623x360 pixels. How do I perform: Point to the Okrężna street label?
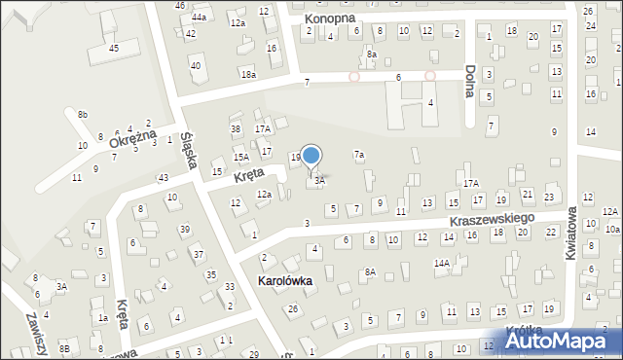coord(132,141)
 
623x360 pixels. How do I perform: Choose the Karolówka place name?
coord(283,281)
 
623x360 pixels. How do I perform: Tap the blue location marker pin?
coord(311,156)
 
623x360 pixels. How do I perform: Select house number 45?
coord(114,48)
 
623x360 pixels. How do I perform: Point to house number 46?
coord(180,6)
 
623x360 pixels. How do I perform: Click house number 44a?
coord(199,18)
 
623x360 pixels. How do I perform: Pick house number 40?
coord(196,65)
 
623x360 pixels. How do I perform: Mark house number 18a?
coord(249,75)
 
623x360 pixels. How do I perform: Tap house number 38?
coord(235,128)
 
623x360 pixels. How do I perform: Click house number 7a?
coord(359,155)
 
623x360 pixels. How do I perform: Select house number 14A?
coord(441,263)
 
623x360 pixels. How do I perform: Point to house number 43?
coord(164,177)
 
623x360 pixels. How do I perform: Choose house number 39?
coord(184,229)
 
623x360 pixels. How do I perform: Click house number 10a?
coord(612,229)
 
